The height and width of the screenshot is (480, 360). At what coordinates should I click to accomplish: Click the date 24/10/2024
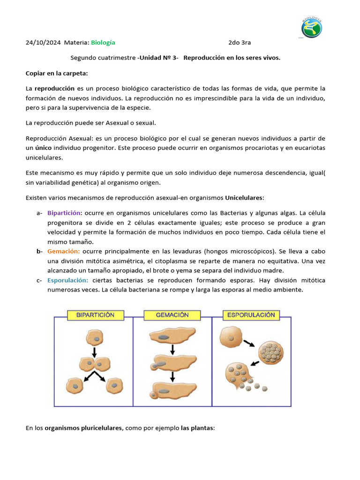(43, 43)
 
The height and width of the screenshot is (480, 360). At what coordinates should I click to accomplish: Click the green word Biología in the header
(103, 43)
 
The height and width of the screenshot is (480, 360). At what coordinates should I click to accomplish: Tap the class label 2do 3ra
(240, 43)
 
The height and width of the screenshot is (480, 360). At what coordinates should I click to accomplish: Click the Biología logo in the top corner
(312, 28)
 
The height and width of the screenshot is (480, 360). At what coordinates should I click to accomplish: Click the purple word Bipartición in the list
(64, 213)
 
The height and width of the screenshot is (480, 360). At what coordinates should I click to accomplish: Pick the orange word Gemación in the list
(63, 251)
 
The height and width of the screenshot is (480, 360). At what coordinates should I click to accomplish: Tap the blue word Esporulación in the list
(67, 280)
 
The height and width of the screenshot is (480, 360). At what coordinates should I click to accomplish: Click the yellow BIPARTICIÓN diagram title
(95, 315)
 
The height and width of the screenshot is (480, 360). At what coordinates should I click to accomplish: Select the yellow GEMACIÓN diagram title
(172, 315)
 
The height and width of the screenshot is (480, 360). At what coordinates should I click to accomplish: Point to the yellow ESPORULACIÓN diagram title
(251, 315)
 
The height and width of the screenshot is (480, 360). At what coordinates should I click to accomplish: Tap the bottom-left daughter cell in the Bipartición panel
(77, 385)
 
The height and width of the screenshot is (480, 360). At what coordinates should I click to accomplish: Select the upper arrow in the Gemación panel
(172, 350)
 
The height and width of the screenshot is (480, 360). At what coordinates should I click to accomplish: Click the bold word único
(43, 148)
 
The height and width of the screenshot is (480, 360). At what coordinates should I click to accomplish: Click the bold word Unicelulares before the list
(244, 198)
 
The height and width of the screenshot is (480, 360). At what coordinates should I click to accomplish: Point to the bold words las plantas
(197, 428)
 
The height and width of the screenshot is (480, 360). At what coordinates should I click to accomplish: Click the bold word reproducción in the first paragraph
(55, 88)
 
